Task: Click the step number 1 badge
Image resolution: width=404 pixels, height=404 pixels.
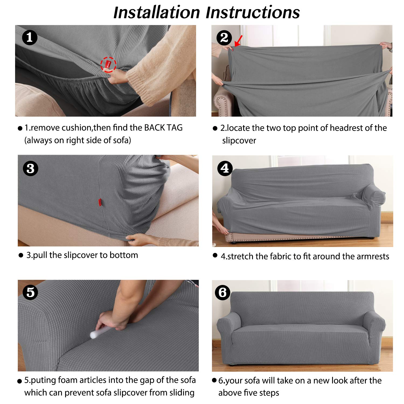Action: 30,37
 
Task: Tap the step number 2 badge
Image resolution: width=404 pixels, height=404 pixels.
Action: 224,37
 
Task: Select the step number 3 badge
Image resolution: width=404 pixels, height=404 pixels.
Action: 30,169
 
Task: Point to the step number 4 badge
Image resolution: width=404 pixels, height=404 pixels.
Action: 225,168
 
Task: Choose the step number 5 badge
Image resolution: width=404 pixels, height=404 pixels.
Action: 30,292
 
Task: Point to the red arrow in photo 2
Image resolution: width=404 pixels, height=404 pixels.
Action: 239,41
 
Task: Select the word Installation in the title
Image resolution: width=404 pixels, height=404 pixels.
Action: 156,12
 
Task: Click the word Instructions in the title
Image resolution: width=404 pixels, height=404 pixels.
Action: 253,12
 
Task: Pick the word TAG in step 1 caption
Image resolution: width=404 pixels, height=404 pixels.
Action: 174,127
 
